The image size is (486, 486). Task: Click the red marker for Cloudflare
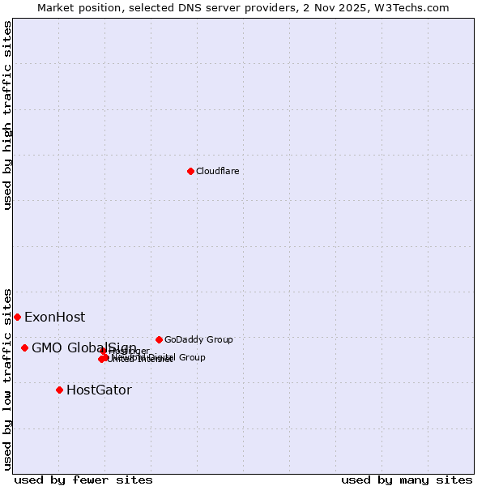click(190, 171)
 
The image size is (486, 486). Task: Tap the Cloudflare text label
click(217, 171)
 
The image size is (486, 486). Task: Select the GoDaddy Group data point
click(159, 339)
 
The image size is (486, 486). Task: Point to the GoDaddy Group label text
click(198, 339)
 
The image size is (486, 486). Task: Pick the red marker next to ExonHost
click(17, 317)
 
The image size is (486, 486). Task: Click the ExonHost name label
click(54, 317)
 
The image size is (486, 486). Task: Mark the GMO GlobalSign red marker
click(24, 347)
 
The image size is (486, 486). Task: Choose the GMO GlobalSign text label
click(84, 347)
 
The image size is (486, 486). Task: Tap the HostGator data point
click(59, 390)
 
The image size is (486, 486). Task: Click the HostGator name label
click(99, 390)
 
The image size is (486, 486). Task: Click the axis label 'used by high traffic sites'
click(7, 115)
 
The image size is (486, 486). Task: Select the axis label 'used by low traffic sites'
click(7, 378)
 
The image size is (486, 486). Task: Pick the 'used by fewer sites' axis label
click(83, 480)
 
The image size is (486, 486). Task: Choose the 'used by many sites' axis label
click(407, 480)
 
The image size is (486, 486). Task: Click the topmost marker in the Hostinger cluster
click(104, 351)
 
